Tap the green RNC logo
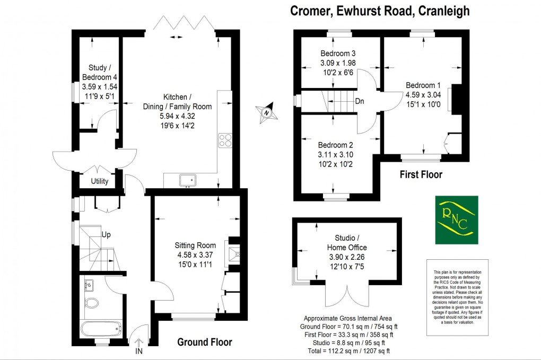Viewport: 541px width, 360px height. click(x=456, y=220)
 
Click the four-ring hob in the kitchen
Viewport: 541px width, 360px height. click(x=225, y=140)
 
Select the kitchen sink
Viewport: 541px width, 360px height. click(x=188, y=180)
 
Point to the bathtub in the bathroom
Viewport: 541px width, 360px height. click(x=101, y=328)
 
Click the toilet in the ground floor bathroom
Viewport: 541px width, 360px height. click(x=93, y=304)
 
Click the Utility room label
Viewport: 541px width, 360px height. click(x=99, y=181)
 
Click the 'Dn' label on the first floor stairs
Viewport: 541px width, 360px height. click(x=360, y=101)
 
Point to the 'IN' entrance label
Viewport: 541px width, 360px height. click(x=139, y=351)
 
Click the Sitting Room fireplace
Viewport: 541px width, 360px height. click(x=233, y=254)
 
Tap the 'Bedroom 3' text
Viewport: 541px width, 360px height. click(x=338, y=54)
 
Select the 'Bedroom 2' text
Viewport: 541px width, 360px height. click(x=336, y=145)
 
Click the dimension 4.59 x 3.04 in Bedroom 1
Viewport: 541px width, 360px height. click(x=423, y=95)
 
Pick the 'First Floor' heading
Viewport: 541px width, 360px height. click(x=421, y=174)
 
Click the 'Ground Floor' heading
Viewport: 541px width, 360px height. click(x=204, y=342)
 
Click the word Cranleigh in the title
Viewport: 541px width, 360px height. click(x=444, y=11)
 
